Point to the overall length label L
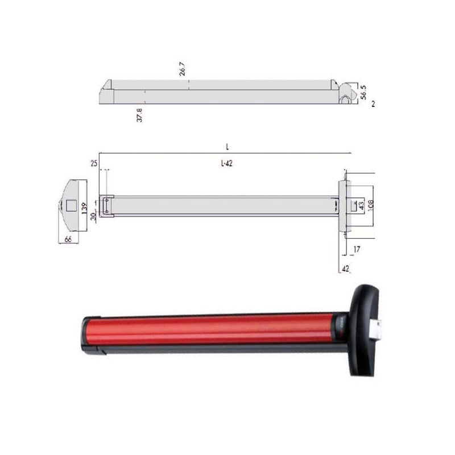(x=226, y=147)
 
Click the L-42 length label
(x=226, y=163)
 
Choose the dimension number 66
(x=68, y=240)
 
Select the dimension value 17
(x=357, y=248)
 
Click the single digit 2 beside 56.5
(x=373, y=105)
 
